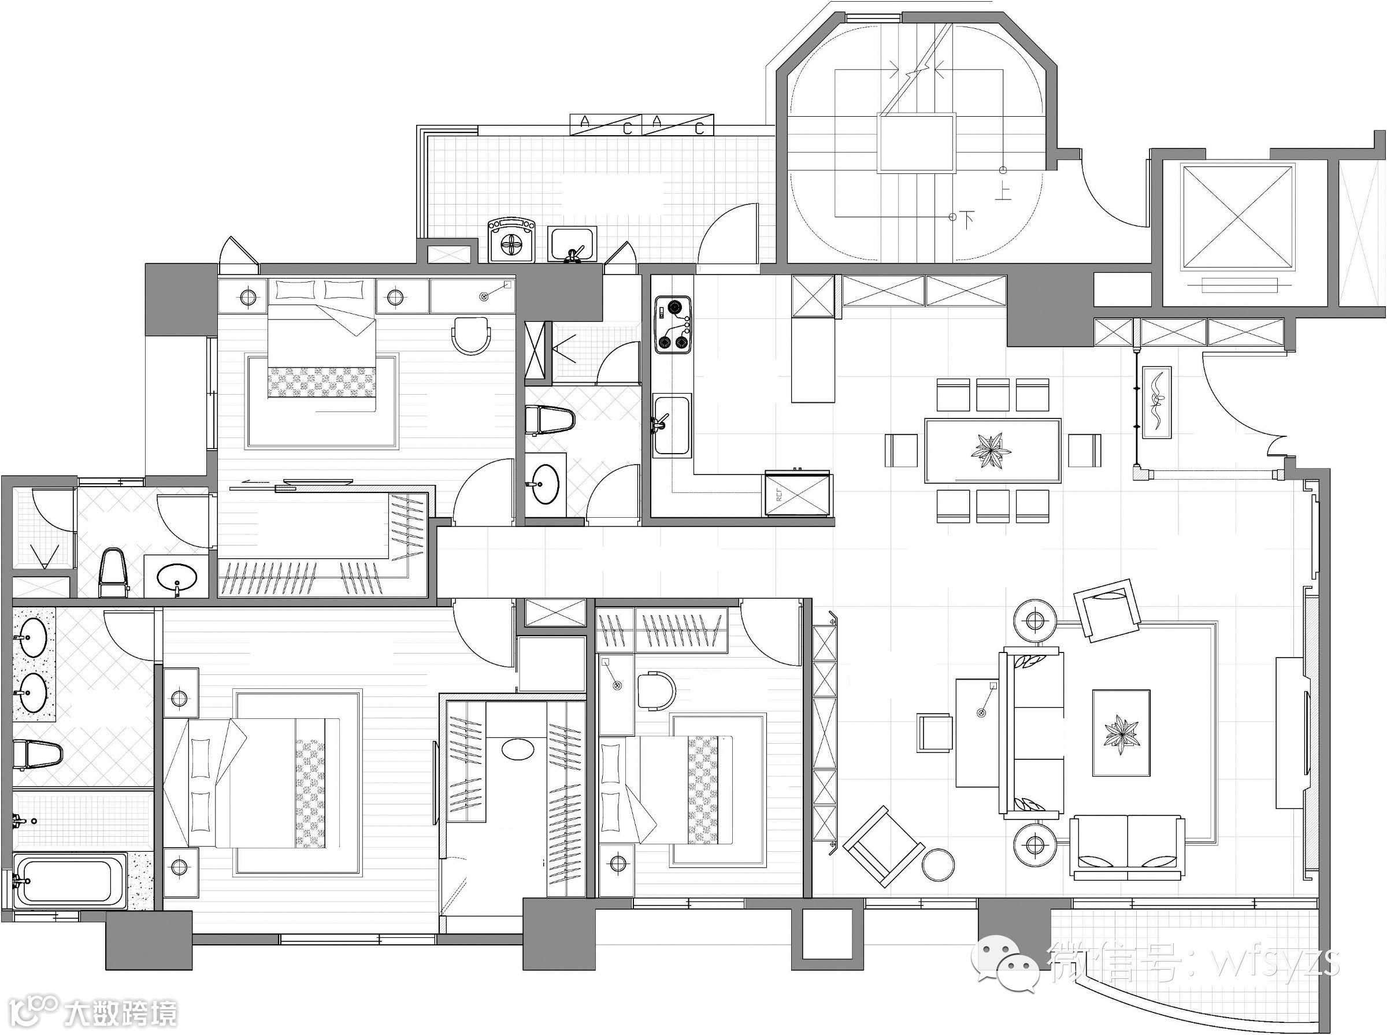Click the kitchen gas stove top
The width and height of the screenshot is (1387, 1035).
click(x=673, y=325)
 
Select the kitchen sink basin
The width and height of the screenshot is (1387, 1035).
click(x=672, y=424)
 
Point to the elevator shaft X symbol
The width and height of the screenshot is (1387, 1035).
click(x=1237, y=217)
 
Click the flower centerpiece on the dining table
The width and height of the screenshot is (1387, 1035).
click(x=991, y=450)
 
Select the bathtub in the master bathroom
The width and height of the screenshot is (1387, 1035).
click(x=70, y=882)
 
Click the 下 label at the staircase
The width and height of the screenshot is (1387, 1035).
click(x=968, y=219)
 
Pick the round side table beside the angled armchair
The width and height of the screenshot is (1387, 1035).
click(x=938, y=865)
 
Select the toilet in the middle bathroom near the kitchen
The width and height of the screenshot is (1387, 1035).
click(x=550, y=420)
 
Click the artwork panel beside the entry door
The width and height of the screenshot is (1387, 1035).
click(x=1156, y=402)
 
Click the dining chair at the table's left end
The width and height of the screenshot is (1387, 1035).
click(x=901, y=450)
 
